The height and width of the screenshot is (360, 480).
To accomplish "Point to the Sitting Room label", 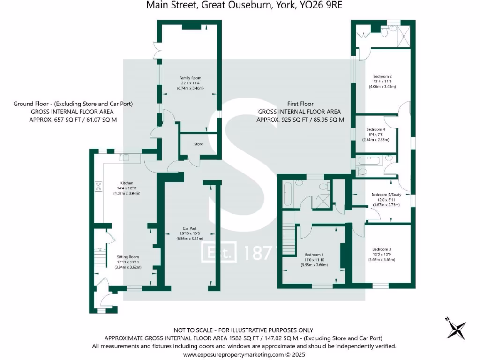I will [x=128, y=257].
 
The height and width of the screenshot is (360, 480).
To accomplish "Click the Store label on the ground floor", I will [x=199, y=144].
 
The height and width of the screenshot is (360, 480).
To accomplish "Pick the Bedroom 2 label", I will [x=382, y=76].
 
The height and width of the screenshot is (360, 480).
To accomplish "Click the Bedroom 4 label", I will [x=375, y=129].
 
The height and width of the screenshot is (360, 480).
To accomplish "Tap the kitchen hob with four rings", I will [x=99, y=187].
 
